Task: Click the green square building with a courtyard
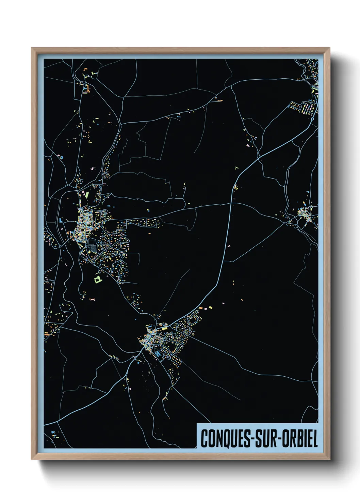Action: (97, 280)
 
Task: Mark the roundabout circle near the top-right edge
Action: (312, 119)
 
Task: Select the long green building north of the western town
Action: (87, 195)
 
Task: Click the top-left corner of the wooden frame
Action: (32, 48)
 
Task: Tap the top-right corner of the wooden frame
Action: (329, 48)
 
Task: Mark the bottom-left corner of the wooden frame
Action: (32, 459)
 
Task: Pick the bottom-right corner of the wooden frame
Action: (329, 459)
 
